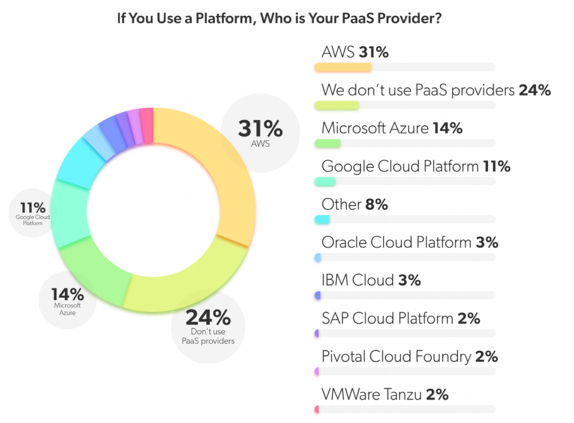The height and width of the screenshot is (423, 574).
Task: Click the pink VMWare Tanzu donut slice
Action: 147,124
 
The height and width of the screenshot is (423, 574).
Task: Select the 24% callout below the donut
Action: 208,326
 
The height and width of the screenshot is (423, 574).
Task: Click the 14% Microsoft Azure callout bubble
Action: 67,300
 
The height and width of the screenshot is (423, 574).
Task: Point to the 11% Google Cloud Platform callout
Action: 33,213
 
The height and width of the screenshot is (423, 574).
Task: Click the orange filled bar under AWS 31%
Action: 343,67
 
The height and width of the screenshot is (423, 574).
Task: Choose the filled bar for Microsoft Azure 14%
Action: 327,143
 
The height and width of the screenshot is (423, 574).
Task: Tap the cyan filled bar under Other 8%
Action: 322,219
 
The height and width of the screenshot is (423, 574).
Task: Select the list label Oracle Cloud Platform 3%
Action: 409,242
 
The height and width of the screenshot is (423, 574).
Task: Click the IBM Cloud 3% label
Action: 371,280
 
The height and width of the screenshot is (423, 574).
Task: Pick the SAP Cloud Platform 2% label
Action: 401,318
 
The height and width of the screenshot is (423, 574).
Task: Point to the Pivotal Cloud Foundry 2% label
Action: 409,357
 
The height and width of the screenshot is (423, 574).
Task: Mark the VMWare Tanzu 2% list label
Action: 385,394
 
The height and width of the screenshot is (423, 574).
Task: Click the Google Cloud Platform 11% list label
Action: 416,166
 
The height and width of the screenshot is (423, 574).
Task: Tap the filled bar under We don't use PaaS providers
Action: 336,105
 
